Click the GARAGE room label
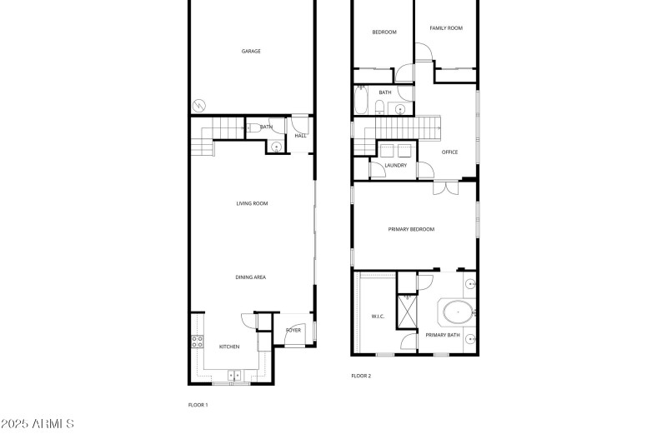[x=251, y=52]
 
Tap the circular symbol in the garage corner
[x=199, y=105]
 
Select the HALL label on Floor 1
[x=300, y=135]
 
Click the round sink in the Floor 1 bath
[x=277, y=147]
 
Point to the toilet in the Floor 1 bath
[x=251, y=127]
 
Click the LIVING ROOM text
[x=251, y=203]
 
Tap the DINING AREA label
[x=251, y=277]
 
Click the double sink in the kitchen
[x=236, y=376]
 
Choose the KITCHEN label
[x=229, y=347]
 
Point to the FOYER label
[x=293, y=330]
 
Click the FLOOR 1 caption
[x=198, y=405]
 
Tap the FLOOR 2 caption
[x=361, y=376]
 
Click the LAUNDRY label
[x=395, y=165]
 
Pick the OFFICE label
[x=450, y=152]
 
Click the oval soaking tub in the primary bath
[x=458, y=313]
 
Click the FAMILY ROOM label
[x=446, y=28]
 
